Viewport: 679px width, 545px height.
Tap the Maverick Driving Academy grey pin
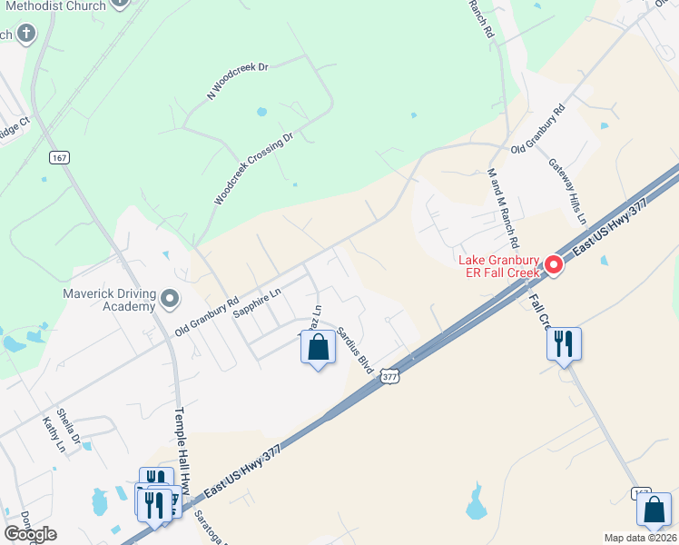[x=170, y=298]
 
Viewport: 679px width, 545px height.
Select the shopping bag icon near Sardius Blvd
[x=318, y=348]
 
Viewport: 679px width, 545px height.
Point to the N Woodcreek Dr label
[x=239, y=81]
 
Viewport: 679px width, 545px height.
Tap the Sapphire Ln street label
[x=257, y=302]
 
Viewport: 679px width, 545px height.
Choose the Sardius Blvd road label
[x=355, y=351]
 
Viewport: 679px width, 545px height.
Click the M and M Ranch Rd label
[x=502, y=209]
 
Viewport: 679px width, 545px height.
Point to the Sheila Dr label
[x=69, y=427]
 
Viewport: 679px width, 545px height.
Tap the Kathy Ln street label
[x=54, y=435]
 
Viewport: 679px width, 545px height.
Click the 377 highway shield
[x=389, y=375]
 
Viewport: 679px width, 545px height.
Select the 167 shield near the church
[x=60, y=158]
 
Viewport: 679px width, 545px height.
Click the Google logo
[x=30, y=534]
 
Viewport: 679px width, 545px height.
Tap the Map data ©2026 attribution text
[x=640, y=538]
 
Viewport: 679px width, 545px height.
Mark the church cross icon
[x=26, y=35]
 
